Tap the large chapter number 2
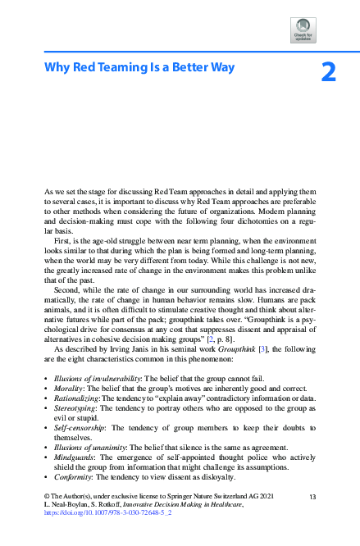click(328, 74)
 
